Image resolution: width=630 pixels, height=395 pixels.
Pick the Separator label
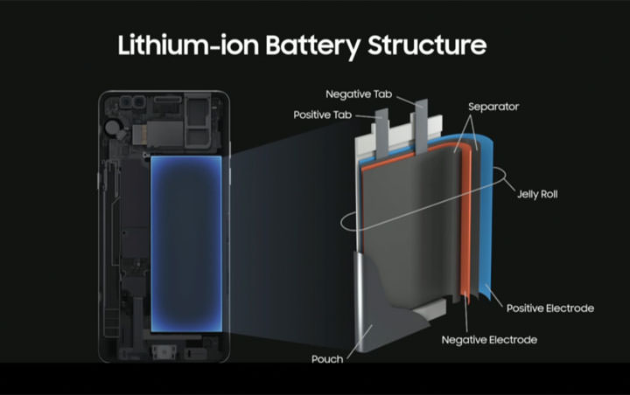(493, 107)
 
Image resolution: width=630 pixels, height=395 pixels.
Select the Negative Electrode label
(489, 339)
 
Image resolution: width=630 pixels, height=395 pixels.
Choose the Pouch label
(325, 359)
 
